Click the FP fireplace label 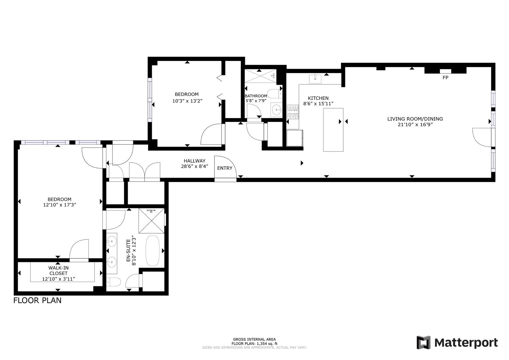(445, 78)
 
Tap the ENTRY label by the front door (224, 168)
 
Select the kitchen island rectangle (333, 130)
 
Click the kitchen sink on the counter (315, 79)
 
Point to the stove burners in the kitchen (293, 112)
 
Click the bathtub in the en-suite (153, 250)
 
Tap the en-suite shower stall (151, 221)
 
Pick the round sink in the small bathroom (276, 109)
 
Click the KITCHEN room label (318, 98)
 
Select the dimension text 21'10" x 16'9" (415, 125)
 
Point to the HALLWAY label (194, 161)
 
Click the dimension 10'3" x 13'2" (187, 101)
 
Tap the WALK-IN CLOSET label (58, 270)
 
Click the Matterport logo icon (423, 343)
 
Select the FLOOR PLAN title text (37, 300)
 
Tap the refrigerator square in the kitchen (295, 138)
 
